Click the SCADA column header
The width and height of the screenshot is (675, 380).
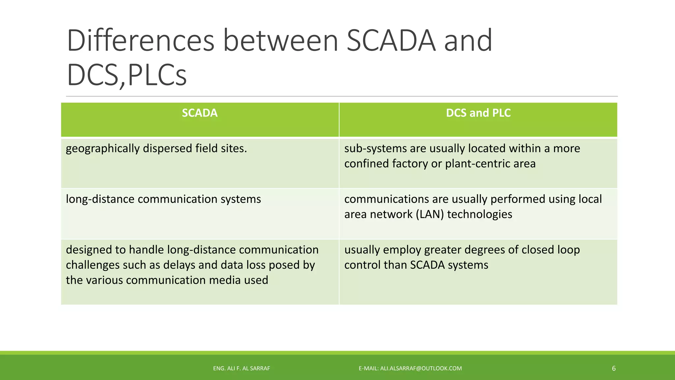pos(200,113)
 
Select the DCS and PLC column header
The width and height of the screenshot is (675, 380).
pos(478,113)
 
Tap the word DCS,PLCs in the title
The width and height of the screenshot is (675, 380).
pos(127,76)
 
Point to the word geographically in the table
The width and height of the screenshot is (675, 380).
pos(103,149)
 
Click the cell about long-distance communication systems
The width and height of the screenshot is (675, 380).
pos(163,199)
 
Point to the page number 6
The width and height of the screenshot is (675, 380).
pos(614,368)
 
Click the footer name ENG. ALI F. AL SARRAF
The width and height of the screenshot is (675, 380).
pos(241,368)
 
